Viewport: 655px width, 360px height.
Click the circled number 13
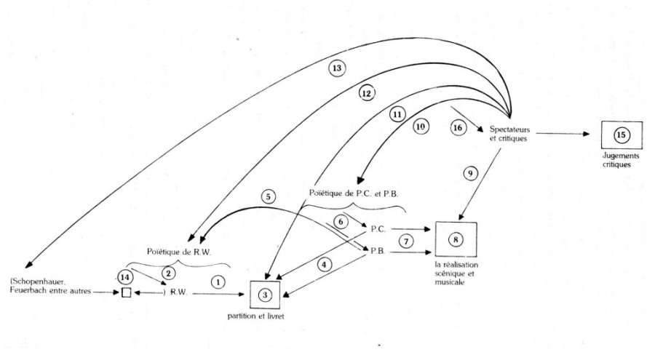(x=337, y=68)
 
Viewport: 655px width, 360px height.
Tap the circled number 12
(x=366, y=94)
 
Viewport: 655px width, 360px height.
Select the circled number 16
(x=458, y=127)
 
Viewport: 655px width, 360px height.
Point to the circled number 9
(x=470, y=173)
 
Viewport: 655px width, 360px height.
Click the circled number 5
(x=268, y=196)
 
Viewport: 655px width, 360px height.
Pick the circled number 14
(x=125, y=277)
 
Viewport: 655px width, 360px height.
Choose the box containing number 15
(x=622, y=135)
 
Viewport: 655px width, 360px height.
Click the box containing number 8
(x=456, y=239)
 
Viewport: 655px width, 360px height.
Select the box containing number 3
(x=265, y=295)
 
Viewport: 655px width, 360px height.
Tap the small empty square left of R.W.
(x=126, y=293)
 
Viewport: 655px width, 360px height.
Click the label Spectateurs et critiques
(x=509, y=134)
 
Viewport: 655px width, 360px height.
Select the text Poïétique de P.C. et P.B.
(x=354, y=193)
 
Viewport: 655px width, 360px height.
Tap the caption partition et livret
(x=255, y=316)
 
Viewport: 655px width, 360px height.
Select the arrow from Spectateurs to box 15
(x=563, y=134)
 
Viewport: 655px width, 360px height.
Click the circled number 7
(x=406, y=241)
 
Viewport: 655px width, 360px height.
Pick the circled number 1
(x=218, y=282)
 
